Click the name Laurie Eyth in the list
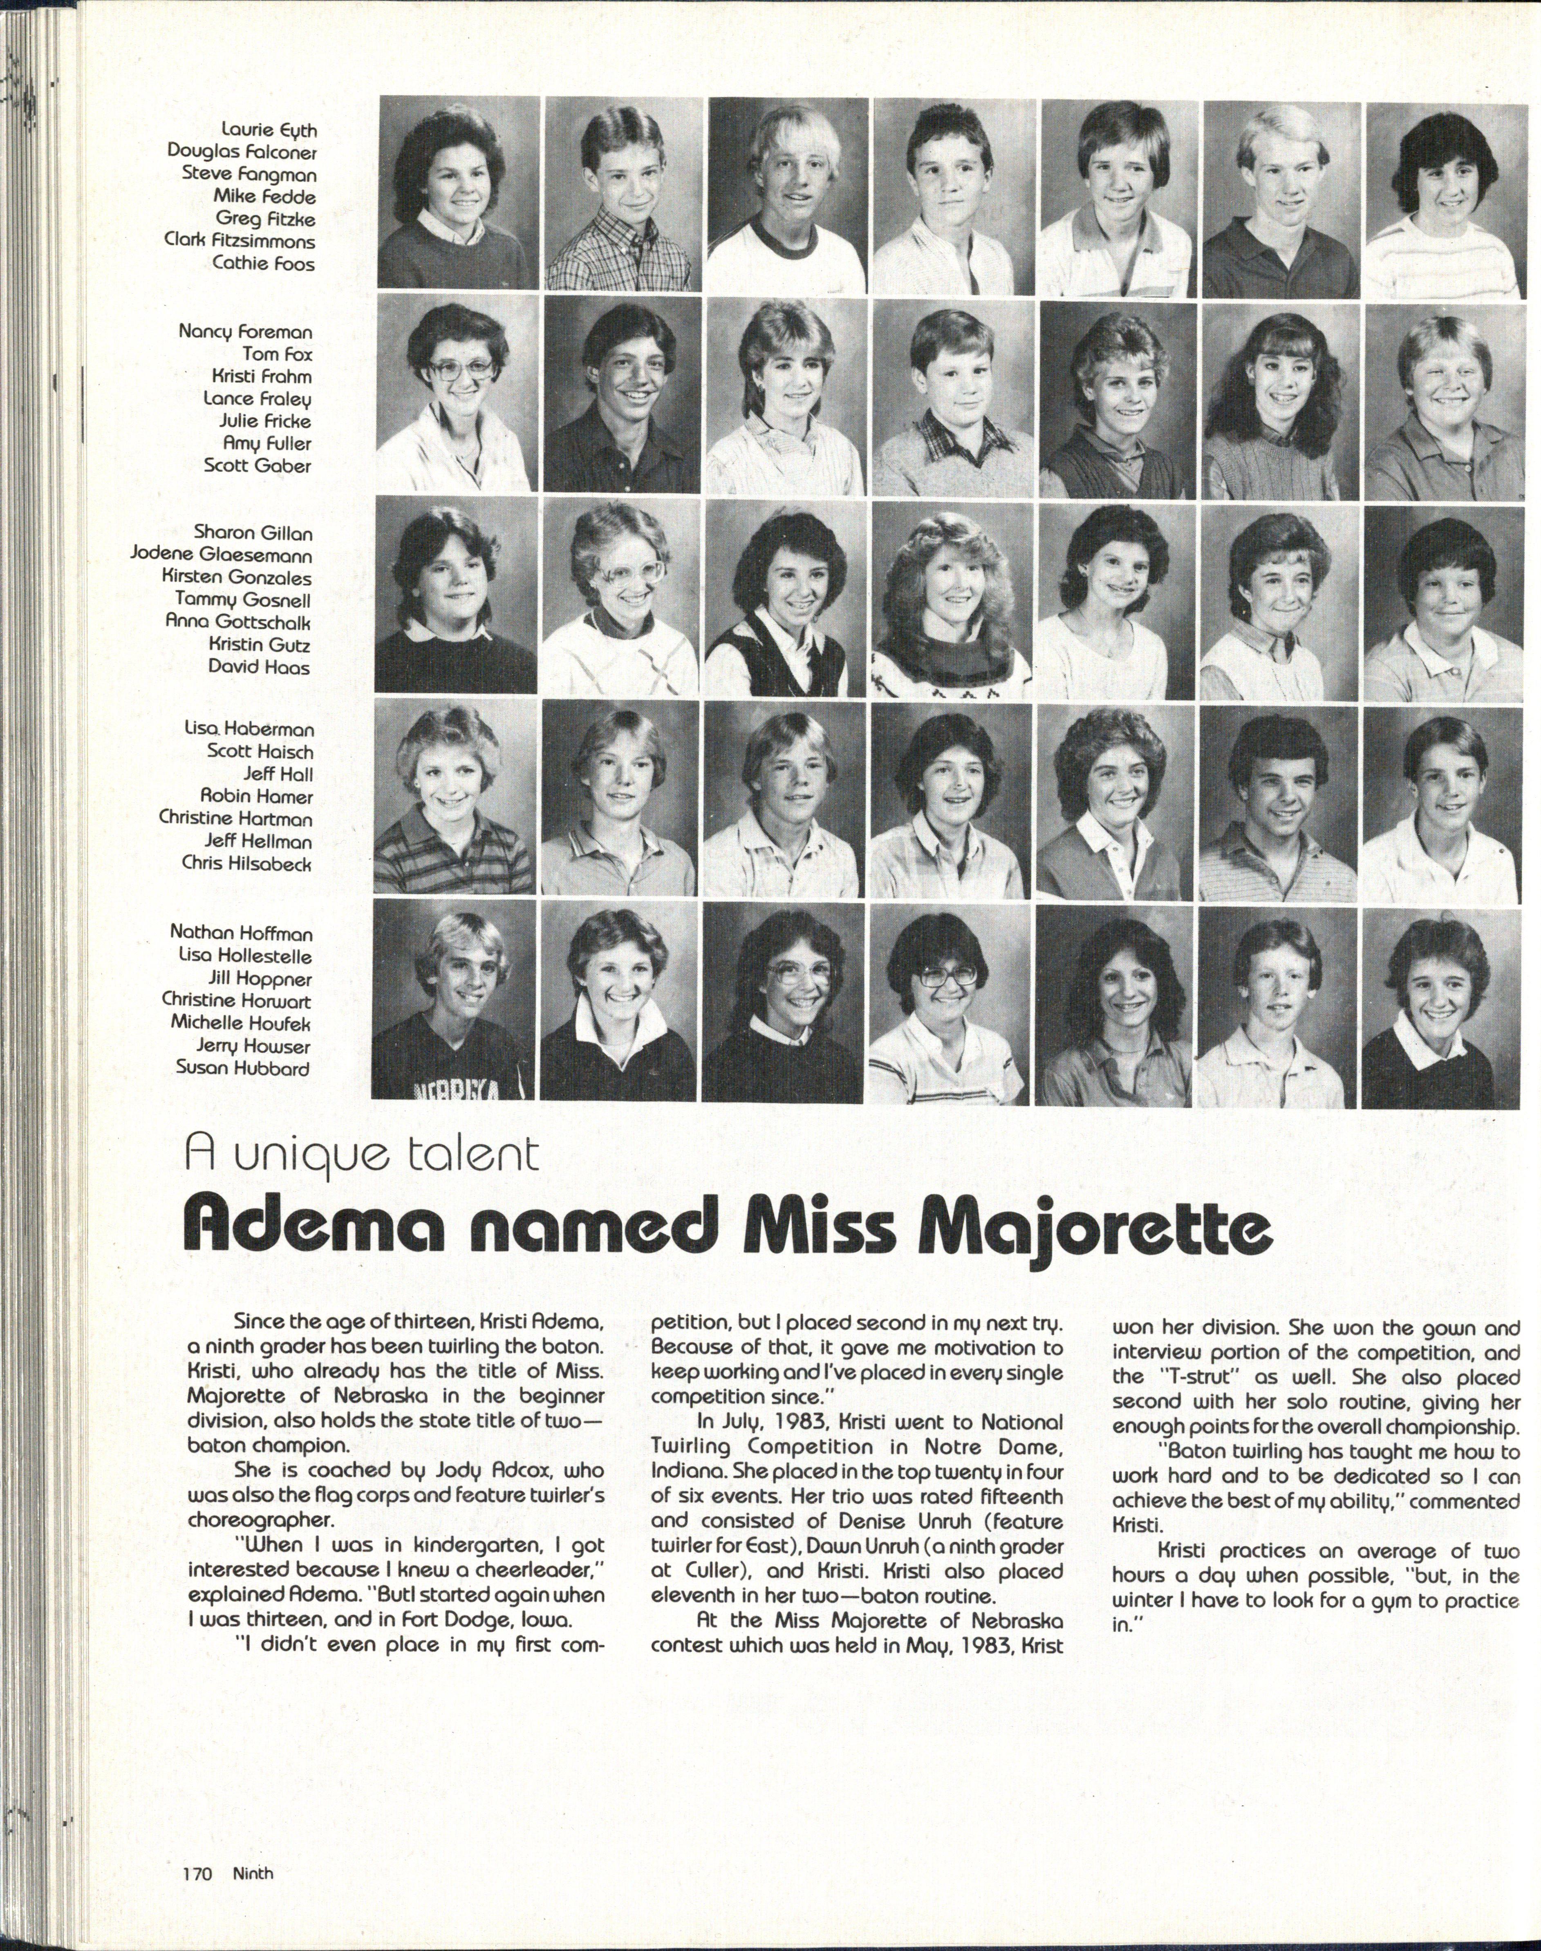269,130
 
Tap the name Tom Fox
277,354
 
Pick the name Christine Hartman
235,819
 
